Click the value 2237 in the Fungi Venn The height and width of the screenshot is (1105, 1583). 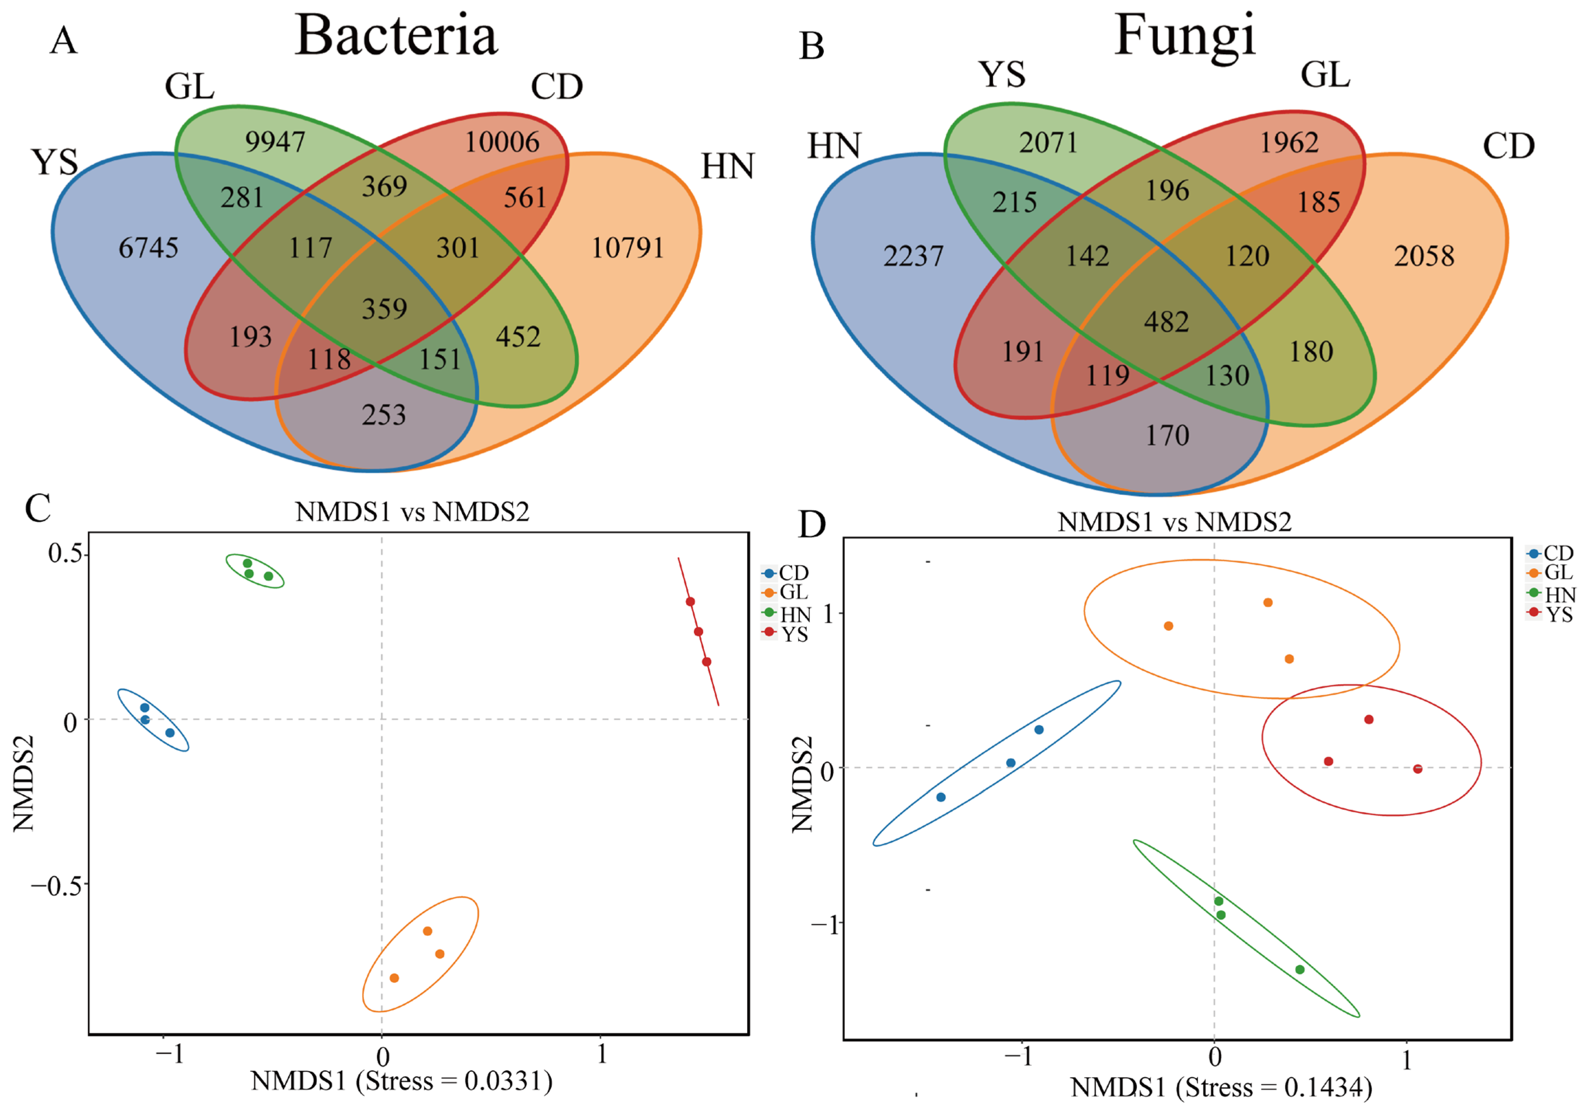pos(913,256)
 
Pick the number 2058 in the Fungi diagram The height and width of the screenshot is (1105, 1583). pos(1424,256)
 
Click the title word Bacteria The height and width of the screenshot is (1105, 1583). pos(397,36)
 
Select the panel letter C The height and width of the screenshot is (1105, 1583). pos(38,509)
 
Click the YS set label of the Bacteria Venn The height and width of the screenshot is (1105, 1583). pos(55,163)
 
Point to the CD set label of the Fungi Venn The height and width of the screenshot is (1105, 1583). pos(1508,146)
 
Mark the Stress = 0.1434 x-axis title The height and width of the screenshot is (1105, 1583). pos(1220,1088)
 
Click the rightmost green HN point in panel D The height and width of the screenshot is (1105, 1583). pos(1300,969)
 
